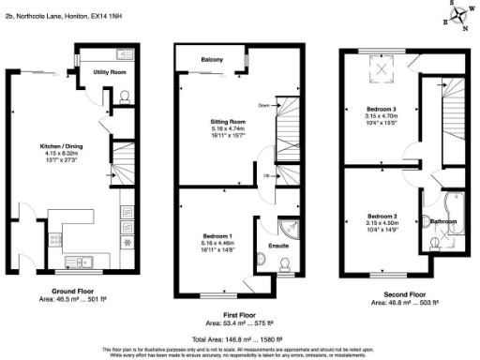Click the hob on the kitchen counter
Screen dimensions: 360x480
126,233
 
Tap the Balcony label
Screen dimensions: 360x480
211,61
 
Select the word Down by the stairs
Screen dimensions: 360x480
263,106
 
